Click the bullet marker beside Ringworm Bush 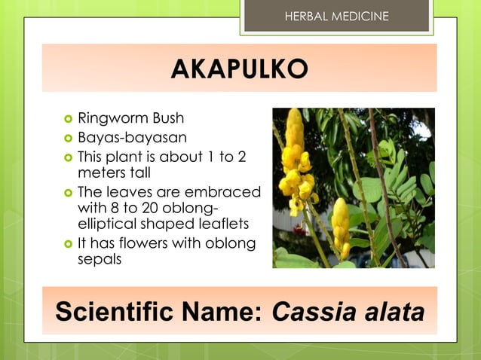pos(68,119)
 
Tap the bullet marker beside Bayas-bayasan pos(68,139)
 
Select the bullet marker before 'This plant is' pos(68,158)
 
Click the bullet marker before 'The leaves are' pos(68,192)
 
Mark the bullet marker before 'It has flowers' pos(68,243)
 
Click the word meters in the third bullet pos(102,172)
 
